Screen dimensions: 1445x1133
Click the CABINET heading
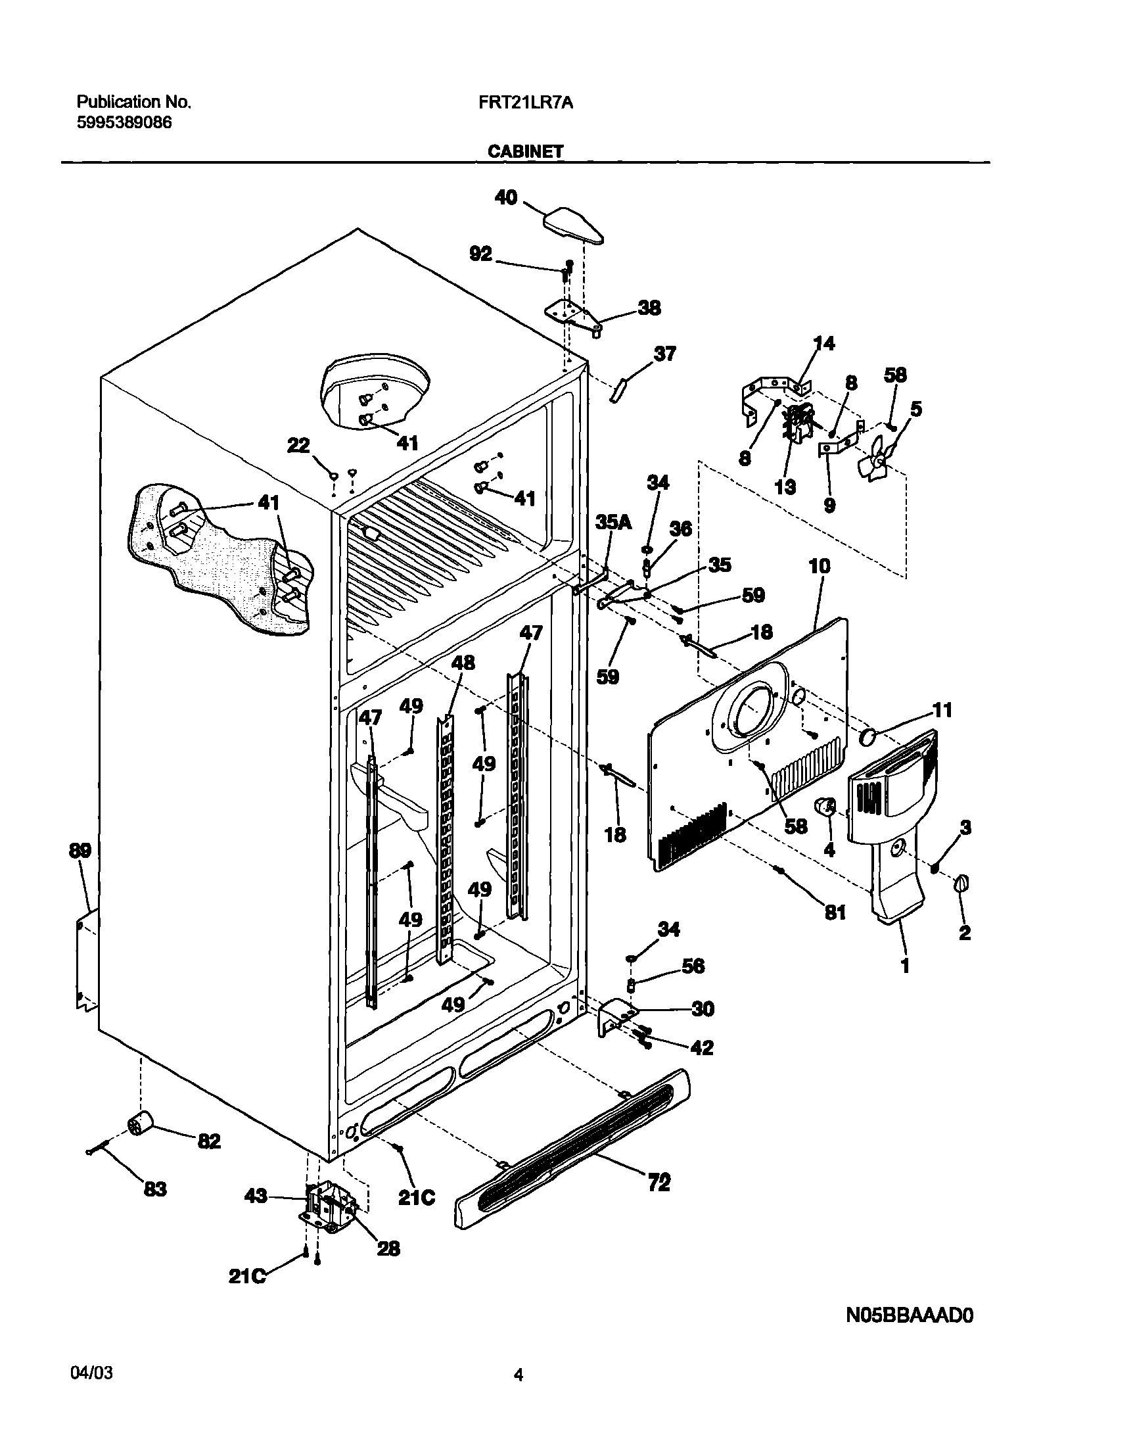(x=525, y=152)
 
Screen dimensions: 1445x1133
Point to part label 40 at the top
(x=506, y=197)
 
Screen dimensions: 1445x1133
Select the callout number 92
(x=481, y=254)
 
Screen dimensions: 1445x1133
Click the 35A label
(x=613, y=523)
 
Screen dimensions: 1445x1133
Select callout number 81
(x=835, y=914)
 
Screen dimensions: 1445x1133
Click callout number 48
(x=463, y=663)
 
